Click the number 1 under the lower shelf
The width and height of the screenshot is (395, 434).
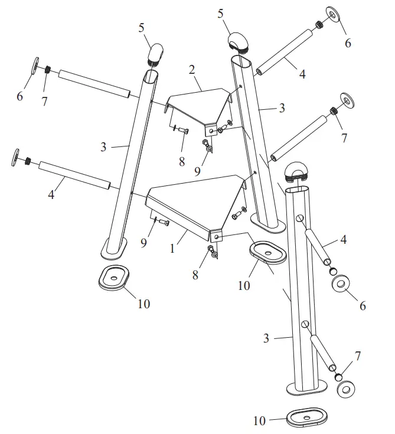click(x=172, y=249)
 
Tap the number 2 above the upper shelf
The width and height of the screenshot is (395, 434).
click(x=191, y=70)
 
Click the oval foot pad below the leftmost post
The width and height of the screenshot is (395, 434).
click(x=113, y=277)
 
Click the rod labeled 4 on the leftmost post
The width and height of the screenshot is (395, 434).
click(x=74, y=176)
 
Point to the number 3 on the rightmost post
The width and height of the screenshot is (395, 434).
click(x=266, y=338)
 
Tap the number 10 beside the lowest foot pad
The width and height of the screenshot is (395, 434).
click(x=260, y=421)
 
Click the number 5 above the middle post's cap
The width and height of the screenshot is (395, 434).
click(x=221, y=13)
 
